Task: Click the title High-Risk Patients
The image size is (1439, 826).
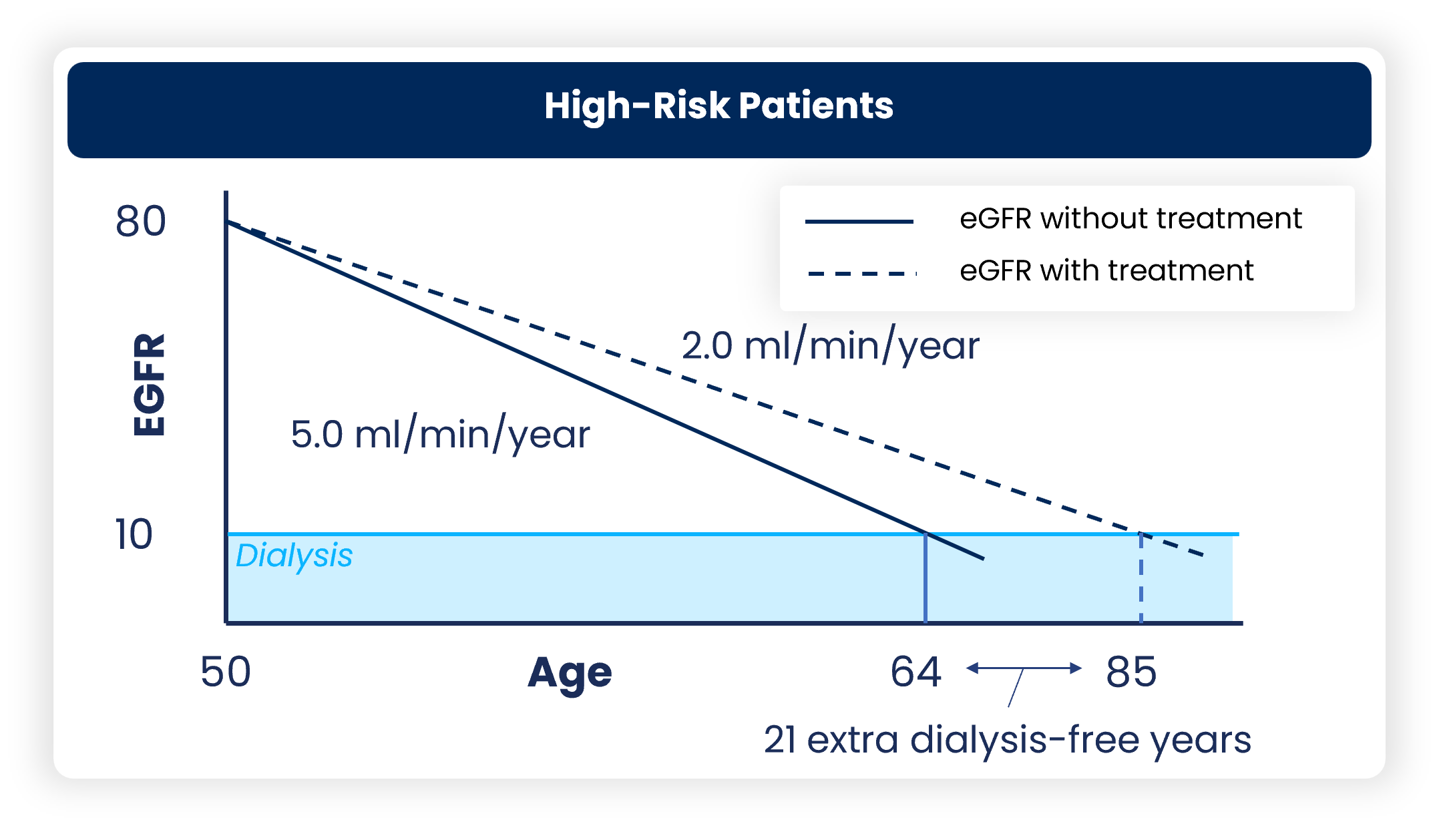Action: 718,106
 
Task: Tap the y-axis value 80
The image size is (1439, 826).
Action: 140,221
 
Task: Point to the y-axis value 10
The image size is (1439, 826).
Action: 134,534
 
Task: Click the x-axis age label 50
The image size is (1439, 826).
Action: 226,672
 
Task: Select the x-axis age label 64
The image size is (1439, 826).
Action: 915,672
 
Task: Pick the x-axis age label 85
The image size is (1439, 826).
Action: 1131,672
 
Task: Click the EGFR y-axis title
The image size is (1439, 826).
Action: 149,385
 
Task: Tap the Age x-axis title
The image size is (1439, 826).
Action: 570,673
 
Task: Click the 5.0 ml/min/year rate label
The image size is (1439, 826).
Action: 440,435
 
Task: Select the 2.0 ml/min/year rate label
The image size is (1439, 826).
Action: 830,346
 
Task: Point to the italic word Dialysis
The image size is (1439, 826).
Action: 294,556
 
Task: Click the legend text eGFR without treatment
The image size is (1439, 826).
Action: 1130,218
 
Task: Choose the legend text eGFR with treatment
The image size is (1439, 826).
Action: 1106,270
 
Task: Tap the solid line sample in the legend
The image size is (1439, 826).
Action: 859,221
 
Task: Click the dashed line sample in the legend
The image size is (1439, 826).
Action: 861,273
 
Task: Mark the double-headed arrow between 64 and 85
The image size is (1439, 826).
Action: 1024,668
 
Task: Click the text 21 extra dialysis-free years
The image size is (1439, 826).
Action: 1007,740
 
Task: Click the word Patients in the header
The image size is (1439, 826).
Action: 816,106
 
